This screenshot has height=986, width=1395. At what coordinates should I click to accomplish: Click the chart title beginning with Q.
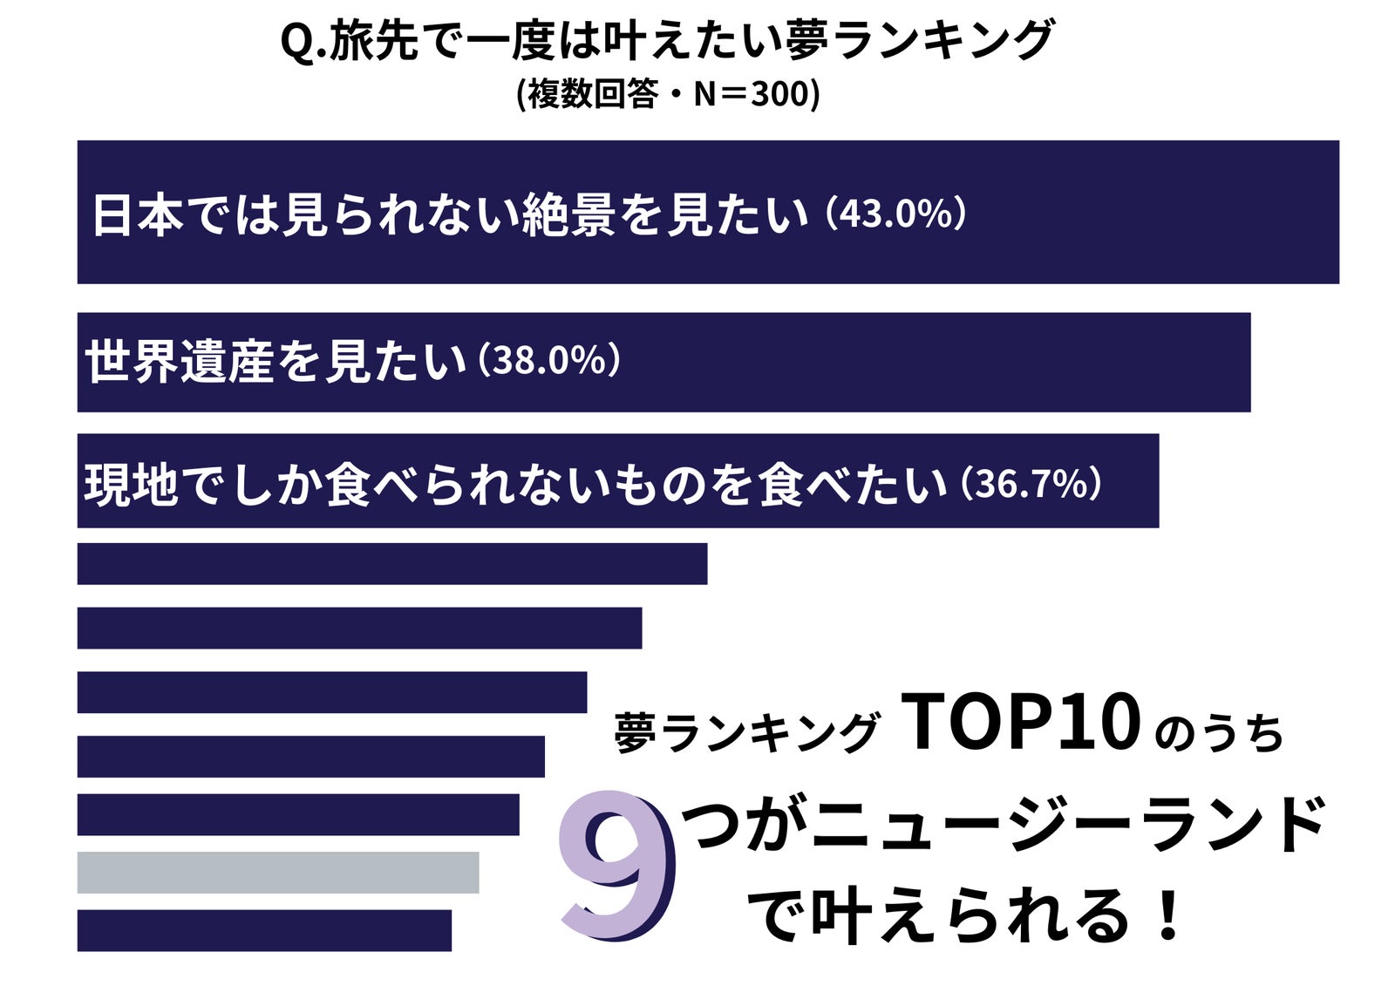(x=667, y=41)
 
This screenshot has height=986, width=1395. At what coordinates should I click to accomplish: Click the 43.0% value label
(x=896, y=214)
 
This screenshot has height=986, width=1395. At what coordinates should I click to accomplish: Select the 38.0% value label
(x=550, y=360)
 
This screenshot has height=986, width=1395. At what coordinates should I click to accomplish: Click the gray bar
(x=277, y=872)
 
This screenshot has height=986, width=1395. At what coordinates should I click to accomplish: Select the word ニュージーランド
(x=1066, y=825)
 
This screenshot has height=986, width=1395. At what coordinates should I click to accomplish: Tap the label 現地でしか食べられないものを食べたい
(x=514, y=484)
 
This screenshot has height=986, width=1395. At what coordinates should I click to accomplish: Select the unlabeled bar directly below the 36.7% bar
(x=391, y=563)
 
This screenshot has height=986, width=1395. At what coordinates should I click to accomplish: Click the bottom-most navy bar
(x=264, y=930)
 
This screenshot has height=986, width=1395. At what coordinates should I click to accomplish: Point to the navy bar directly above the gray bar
(x=297, y=814)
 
